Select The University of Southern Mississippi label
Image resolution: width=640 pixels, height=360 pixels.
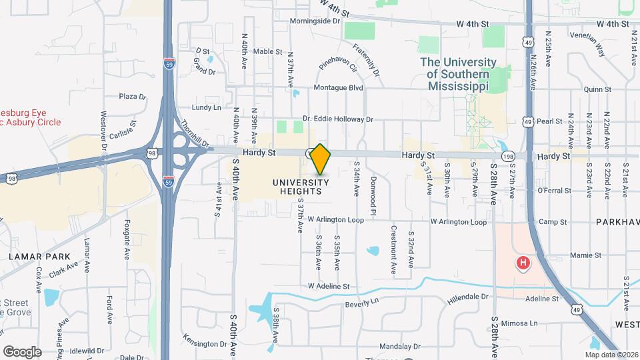[x=458, y=74]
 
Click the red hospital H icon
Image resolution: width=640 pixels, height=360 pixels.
[x=523, y=263]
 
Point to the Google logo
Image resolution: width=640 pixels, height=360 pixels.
[x=22, y=351]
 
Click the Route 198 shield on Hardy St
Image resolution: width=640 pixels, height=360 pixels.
[x=510, y=155]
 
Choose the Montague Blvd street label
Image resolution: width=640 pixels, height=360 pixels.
[x=338, y=87]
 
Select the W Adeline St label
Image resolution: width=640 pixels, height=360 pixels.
[x=329, y=287]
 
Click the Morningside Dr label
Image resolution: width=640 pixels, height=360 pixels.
[x=315, y=21]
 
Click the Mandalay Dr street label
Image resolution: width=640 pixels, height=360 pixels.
[x=399, y=347]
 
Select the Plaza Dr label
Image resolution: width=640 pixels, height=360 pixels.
[x=132, y=97]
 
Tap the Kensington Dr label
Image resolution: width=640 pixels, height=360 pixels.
[x=204, y=344]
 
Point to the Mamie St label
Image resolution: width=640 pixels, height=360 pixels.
[x=586, y=255]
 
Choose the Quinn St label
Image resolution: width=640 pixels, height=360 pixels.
[x=597, y=89]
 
